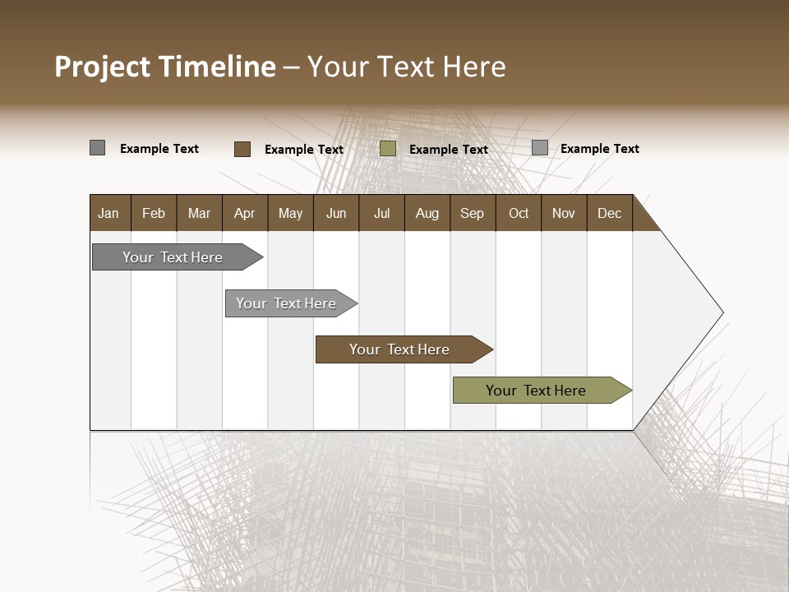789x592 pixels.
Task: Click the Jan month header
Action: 108,213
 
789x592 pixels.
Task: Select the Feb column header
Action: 154,213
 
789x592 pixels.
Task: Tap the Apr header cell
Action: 244,213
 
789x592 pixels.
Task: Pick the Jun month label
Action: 336,213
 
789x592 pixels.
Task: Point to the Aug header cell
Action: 427,213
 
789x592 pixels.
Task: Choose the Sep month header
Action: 472,213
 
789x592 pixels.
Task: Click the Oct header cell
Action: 519,213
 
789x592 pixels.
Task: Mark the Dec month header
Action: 609,213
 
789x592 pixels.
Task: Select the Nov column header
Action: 564,213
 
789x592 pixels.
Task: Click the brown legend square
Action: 242,149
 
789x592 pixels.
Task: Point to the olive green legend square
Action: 388,149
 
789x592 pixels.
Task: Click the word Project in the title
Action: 103,67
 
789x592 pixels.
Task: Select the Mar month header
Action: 199,213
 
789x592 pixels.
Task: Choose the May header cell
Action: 290,213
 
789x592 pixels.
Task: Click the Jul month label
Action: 381,213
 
